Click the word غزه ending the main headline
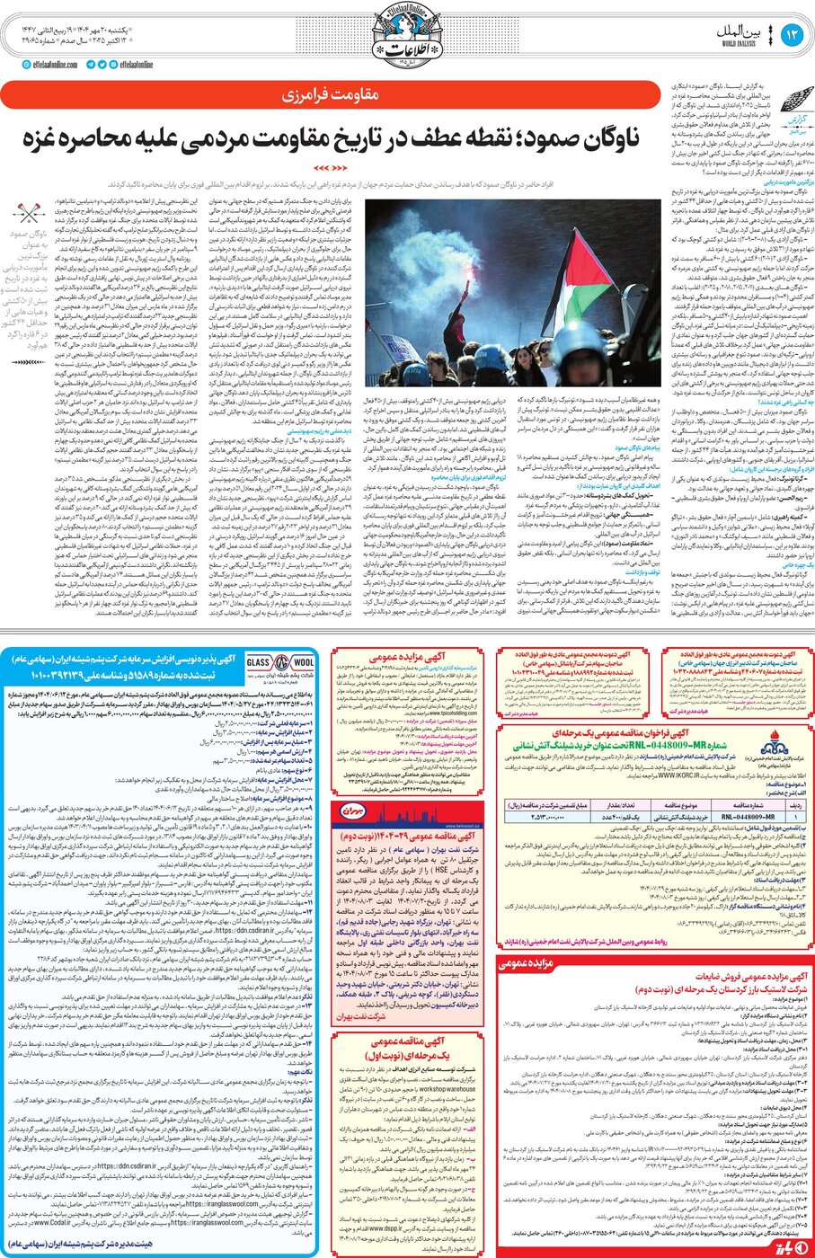pyautogui.click(x=47, y=138)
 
